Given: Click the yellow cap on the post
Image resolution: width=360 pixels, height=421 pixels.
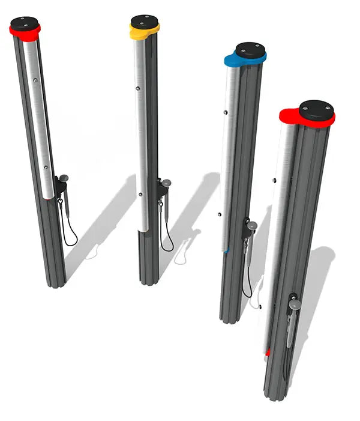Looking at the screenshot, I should [x=145, y=32].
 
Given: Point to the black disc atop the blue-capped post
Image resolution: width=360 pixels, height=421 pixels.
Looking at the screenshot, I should [x=250, y=48].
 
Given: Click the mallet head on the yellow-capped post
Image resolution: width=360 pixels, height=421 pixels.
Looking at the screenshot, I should [x=167, y=181].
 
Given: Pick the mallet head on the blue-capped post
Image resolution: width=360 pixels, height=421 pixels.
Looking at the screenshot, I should [x=253, y=226].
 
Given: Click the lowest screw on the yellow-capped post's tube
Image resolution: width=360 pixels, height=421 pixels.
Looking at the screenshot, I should [x=139, y=194].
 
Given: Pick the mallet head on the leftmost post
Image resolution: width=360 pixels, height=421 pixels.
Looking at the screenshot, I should [x=64, y=178].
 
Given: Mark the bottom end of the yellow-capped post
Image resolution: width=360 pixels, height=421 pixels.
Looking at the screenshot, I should [x=148, y=281].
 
